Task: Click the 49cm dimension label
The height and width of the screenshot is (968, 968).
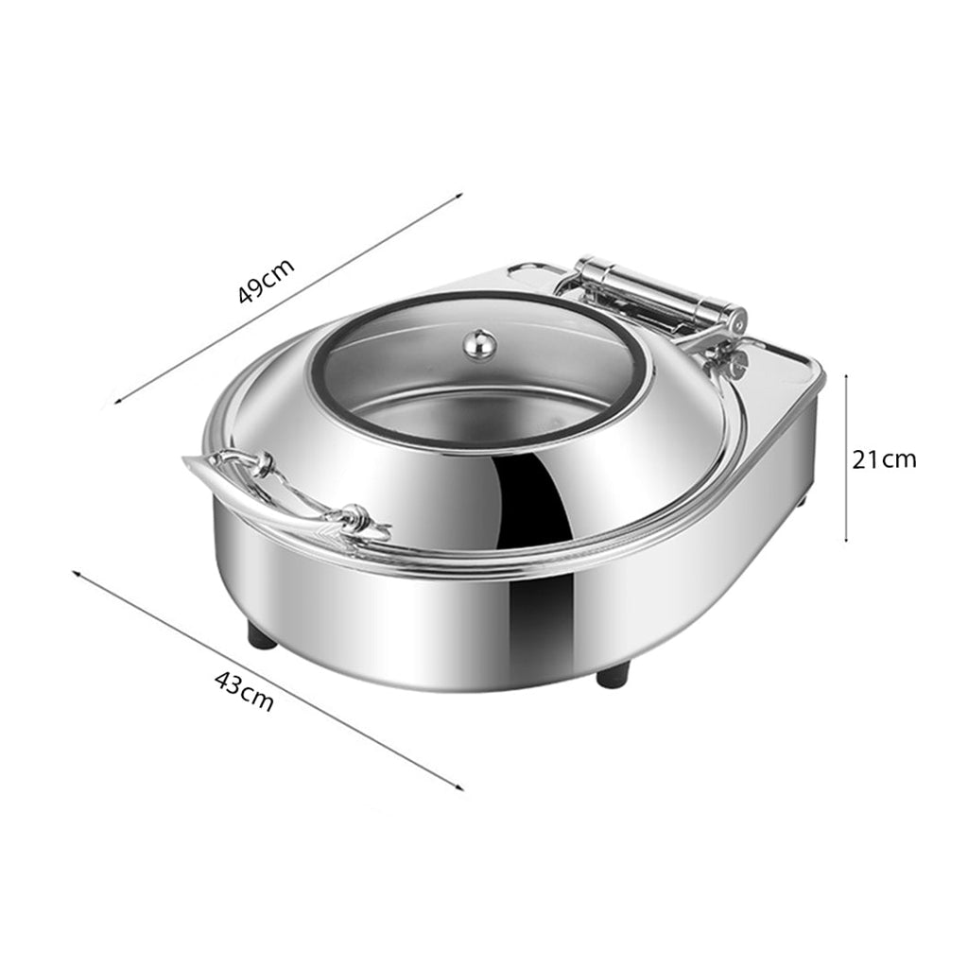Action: click(x=267, y=281)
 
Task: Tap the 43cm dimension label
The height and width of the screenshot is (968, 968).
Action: click(x=245, y=694)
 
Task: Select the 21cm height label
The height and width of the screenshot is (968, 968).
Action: click(x=883, y=459)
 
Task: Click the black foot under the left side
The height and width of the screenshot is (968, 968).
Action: click(x=263, y=636)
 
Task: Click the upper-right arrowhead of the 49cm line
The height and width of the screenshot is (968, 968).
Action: click(x=459, y=196)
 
